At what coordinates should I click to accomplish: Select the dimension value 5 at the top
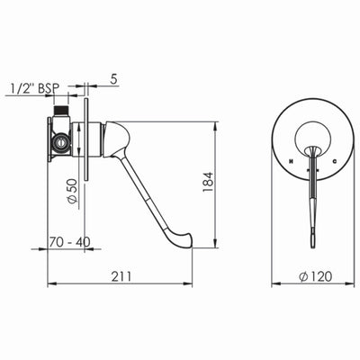tap(115, 78)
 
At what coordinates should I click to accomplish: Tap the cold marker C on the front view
tap(333, 161)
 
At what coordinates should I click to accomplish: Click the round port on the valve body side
tap(61, 140)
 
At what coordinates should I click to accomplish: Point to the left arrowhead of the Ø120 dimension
tap(274, 284)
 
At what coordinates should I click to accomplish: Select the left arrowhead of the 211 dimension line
tap(48, 284)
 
